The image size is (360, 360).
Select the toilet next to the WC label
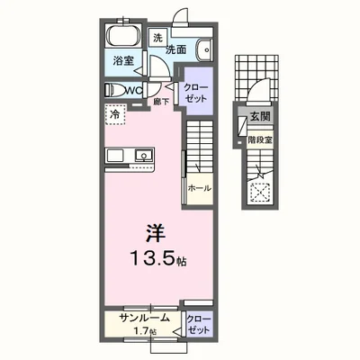(115, 89)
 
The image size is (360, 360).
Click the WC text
(132, 90)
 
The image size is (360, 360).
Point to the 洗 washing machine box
(157, 38)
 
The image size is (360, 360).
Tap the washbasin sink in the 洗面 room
(203, 50)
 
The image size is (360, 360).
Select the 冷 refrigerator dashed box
(115, 114)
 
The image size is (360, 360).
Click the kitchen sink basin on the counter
(142, 156)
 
